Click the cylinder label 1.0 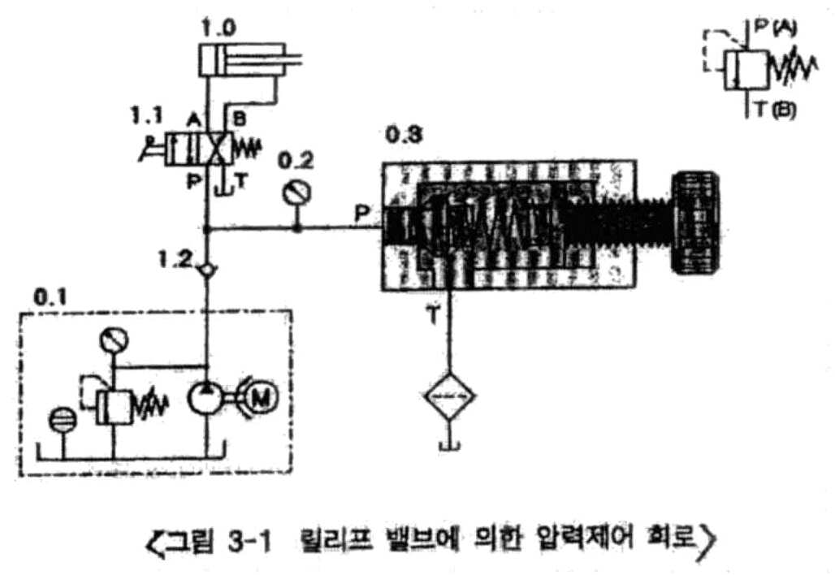pyautogui.click(x=218, y=26)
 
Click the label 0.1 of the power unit pyautogui.click(x=47, y=296)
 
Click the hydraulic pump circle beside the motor pyautogui.click(x=209, y=397)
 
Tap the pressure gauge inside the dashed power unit pyautogui.click(x=112, y=340)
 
